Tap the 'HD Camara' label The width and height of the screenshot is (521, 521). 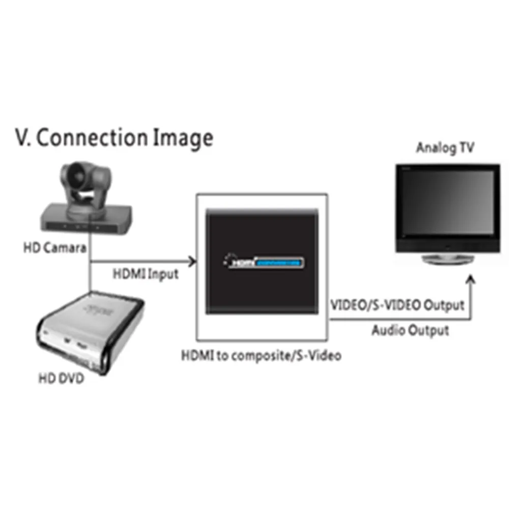click(x=54, y=248)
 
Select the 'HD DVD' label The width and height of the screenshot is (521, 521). click(x=61, y=379)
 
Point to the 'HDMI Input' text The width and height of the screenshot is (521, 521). click(x=146, y=274)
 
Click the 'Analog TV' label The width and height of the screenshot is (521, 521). click(x=445, y=148)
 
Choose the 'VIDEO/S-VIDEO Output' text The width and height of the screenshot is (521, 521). click(x=397, y=305)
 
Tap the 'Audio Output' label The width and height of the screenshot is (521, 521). click(x=410, y=330)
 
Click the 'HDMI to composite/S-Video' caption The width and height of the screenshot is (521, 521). click(x=262, y=355)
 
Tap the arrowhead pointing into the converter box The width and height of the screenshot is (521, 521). click(x=192, y=262)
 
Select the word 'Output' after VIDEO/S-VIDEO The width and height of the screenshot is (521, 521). click(x=444, y=305)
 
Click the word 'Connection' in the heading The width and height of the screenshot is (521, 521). click(x=92, y=138)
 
